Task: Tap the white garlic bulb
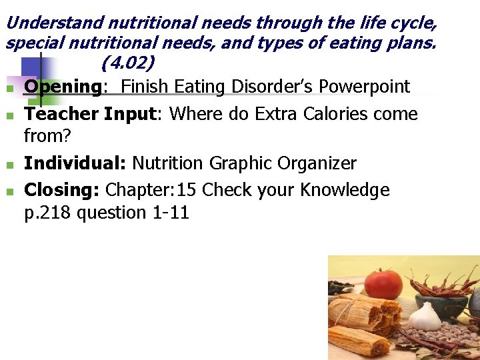(x=425, y=316)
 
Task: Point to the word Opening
(x=62, y=87)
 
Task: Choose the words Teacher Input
(x=89, y=114)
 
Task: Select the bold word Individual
(x=75, y=163)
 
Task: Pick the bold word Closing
(x=62, y=190)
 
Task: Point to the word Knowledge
(x=345, y=190)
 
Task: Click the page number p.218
(x=48, y=213)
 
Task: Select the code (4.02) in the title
(x=129, y=63)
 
